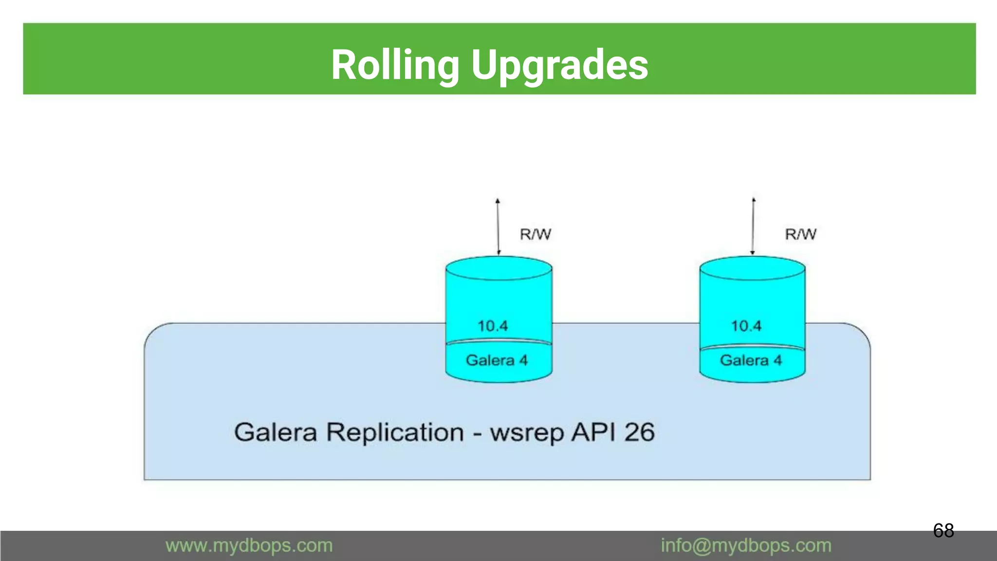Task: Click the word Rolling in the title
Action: pos(395,65)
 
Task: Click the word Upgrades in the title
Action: pos(559,65)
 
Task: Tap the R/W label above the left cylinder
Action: pos(535,234)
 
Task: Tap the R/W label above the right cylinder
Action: pos(800,234)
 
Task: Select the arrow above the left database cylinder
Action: pos(498,226)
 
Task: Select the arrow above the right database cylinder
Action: pos(753,226)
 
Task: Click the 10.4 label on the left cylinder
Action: pos(493,326)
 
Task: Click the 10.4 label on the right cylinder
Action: pos(746,326)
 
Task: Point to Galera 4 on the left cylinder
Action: pos(497,360)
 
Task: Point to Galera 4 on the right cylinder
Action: pos(751,360)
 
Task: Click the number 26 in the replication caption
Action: pos(639,432)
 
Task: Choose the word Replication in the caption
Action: pos(395,432)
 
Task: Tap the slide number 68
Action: pos(943,530)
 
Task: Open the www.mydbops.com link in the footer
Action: pos(249,545)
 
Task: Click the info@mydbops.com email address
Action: pos(746,545)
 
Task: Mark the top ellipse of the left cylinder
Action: pos(498,268)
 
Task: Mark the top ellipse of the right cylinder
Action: pos(752,268)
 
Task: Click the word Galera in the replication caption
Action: pos(276,432)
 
